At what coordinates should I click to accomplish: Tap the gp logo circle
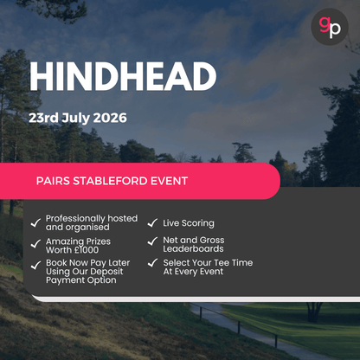(330, 27)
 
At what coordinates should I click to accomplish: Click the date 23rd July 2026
(78, 117)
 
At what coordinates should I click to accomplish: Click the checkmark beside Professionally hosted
(35, 222)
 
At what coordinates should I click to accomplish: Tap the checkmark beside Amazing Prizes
(35, 244)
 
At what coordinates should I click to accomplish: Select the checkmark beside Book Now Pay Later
(35, 265)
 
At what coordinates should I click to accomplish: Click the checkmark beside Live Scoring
(152, 223)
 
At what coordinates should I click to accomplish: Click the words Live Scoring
(189, 223)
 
